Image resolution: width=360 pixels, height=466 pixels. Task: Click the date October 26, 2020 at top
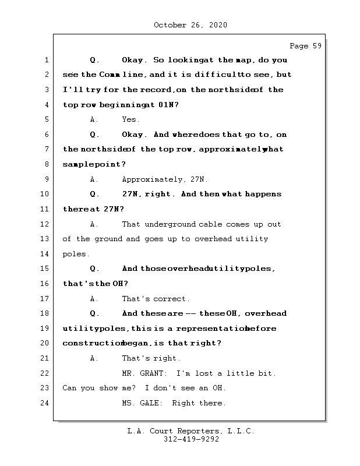coord(190,25)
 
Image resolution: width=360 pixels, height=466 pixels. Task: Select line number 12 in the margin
coord(47,224)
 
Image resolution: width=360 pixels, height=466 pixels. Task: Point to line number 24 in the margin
coord(47,403)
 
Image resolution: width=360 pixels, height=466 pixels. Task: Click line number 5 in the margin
coord(47,119)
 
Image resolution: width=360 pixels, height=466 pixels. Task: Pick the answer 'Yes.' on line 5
coord(130,119)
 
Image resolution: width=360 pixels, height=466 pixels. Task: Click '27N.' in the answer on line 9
coord(199,179)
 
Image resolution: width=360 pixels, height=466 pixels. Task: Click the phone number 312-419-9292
coord(191,440)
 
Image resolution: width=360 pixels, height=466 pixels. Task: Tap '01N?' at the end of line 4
coord(168,105)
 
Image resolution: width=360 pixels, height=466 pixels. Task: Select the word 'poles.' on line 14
coord(76,254)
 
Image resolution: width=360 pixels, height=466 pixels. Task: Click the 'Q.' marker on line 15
coord(96,269)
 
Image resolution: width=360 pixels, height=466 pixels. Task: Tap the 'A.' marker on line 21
coord(94,358)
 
